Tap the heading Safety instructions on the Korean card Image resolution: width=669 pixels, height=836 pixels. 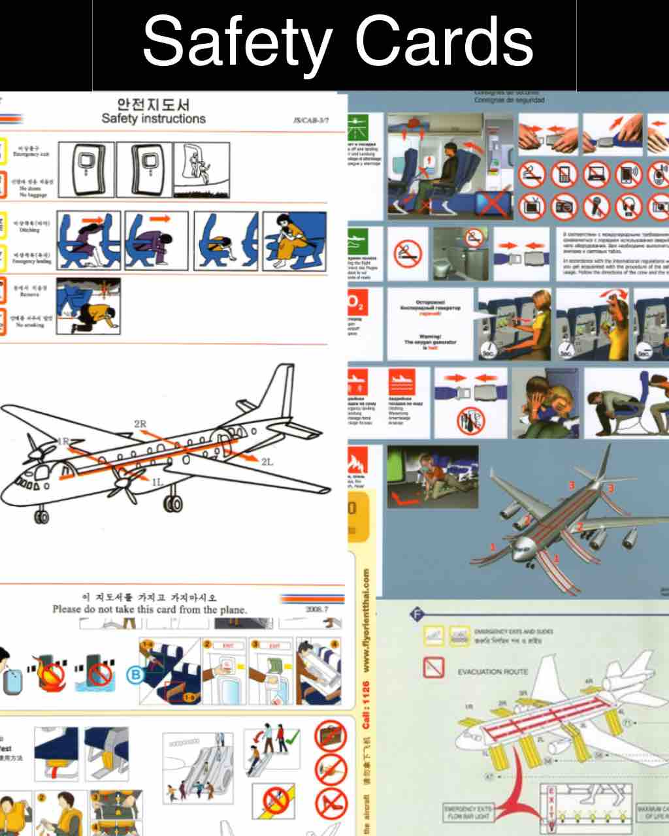point(154,119)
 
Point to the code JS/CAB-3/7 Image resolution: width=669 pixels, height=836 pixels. point(312,121)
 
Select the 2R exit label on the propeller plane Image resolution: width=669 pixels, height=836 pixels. point(140,425)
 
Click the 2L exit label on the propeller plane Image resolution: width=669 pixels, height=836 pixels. point(267,462)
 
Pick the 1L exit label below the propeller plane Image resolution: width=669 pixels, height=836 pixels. point(157,483)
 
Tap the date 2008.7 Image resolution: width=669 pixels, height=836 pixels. point(317,609)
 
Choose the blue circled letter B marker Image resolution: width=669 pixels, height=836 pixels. point(135,675)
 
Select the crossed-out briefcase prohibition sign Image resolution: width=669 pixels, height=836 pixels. point(331,736)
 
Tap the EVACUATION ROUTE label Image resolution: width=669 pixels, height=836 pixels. point(493,671)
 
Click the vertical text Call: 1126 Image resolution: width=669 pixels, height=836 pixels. point(365,706)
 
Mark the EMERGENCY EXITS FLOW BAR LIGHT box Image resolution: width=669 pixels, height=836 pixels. point(468,812)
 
